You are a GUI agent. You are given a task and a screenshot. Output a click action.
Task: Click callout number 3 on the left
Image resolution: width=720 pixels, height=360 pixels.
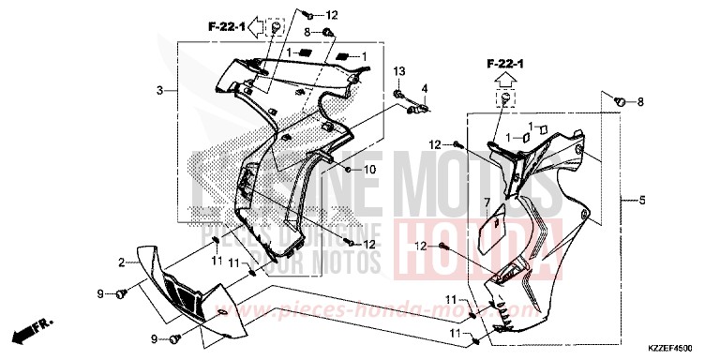pos(160,90)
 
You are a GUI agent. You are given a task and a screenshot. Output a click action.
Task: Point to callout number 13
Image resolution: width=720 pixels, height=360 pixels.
pos(398,72)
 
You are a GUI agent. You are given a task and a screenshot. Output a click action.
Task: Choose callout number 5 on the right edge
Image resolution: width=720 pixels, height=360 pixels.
pos(642,201)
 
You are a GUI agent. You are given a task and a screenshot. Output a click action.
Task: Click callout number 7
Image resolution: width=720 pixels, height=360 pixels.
pos(487,202)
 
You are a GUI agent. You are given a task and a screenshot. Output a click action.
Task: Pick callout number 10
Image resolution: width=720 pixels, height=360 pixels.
pos(370,170)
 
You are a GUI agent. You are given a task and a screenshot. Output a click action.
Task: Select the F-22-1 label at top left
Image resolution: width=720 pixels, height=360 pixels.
pos(226,29)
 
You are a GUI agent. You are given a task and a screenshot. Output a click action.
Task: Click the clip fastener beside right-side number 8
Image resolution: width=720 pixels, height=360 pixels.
pos(619,99)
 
